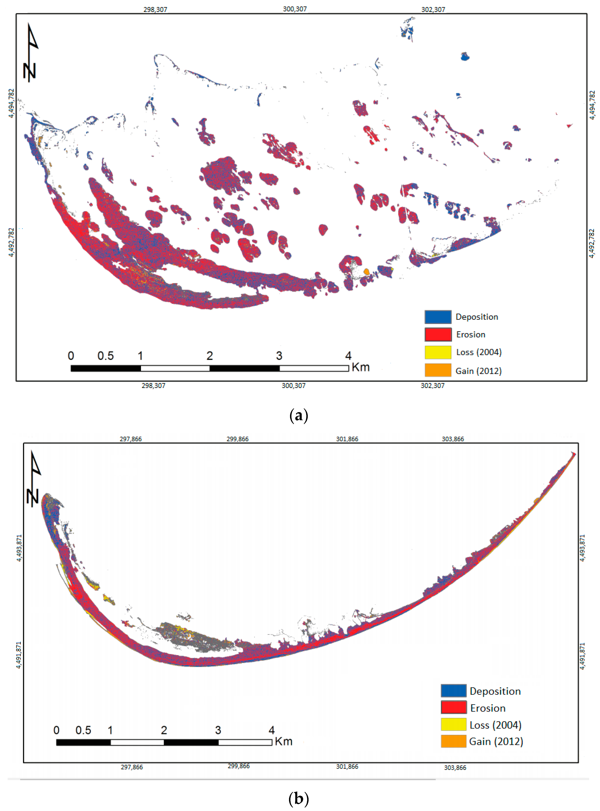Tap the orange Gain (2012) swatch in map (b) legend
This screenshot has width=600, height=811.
(453, 741)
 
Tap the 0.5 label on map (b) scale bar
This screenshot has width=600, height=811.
(83, 730)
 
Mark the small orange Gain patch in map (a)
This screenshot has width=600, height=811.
(366, 271)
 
